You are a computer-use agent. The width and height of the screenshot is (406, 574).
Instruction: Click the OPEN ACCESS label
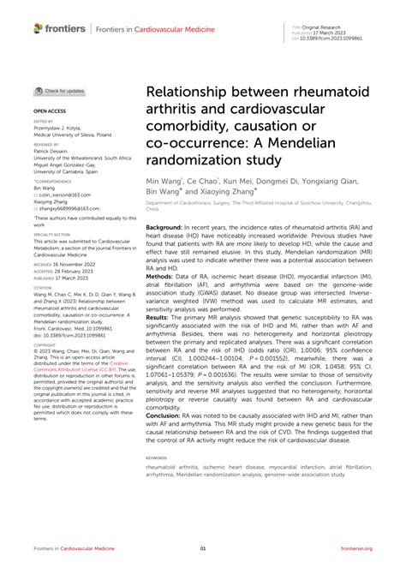pyautogui.click(x=51, y=111)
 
